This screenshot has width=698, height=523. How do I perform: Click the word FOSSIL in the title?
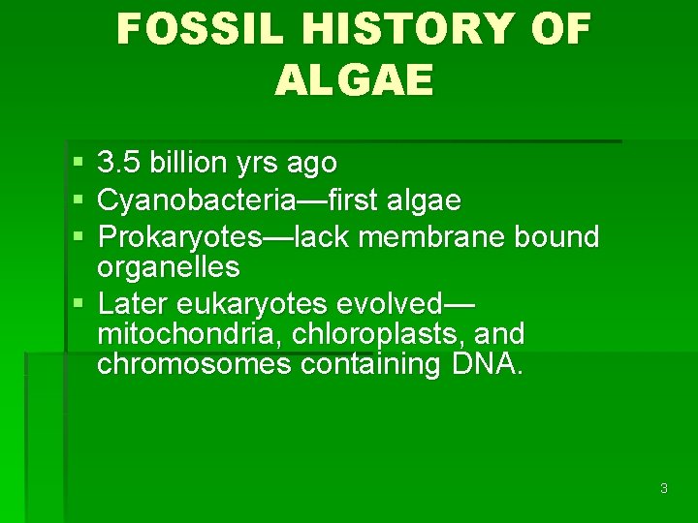click(196, 30)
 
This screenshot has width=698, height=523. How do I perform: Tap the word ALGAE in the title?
click(354, 81)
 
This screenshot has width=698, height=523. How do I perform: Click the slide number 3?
click(663, 488)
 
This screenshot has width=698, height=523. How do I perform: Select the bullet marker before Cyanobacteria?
click(78, 201)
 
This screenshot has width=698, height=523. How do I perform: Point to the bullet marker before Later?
click(78, 304)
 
